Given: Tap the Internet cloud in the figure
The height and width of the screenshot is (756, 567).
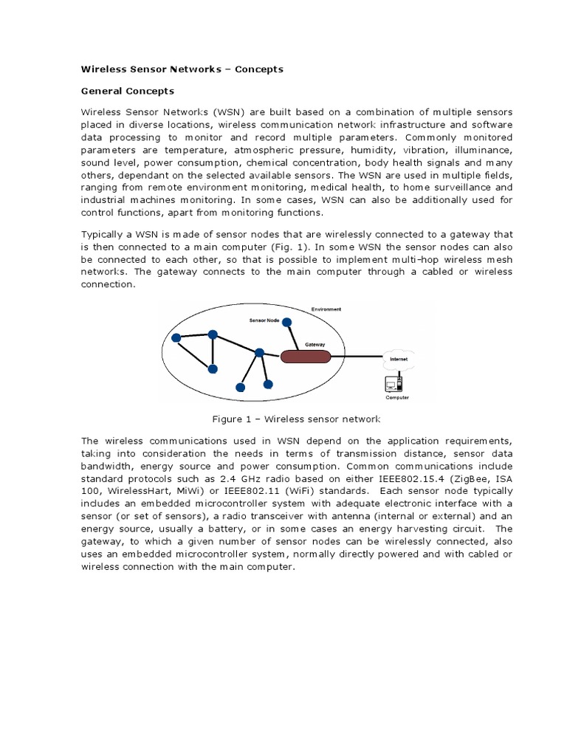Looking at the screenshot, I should pos(396,359).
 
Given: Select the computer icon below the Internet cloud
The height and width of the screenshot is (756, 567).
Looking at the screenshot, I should pos(394,384).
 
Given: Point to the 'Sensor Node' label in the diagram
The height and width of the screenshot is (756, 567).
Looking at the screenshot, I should pos(264,322).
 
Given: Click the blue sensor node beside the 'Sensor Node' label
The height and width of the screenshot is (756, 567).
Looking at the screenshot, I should pos(287,322).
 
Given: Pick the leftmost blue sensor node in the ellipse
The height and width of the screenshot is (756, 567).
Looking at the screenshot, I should pos(176,338).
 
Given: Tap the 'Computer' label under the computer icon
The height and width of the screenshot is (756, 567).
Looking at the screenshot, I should pos(396,397).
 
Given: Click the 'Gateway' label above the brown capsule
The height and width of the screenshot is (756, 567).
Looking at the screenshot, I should pos(315,344).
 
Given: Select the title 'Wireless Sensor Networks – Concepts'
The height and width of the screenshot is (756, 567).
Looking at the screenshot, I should pos(182,69).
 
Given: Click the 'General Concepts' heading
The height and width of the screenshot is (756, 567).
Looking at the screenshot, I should pos(127,91).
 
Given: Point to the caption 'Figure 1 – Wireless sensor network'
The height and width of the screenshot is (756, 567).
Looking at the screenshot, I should pos(296,419).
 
